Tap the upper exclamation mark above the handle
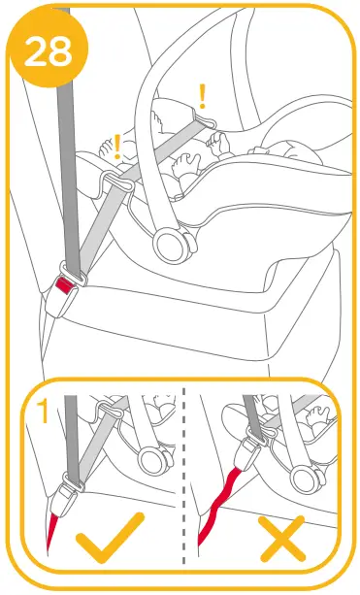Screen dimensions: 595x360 [203, 94]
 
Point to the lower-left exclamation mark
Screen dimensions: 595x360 [117, 147]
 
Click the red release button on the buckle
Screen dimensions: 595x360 [65, 284]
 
